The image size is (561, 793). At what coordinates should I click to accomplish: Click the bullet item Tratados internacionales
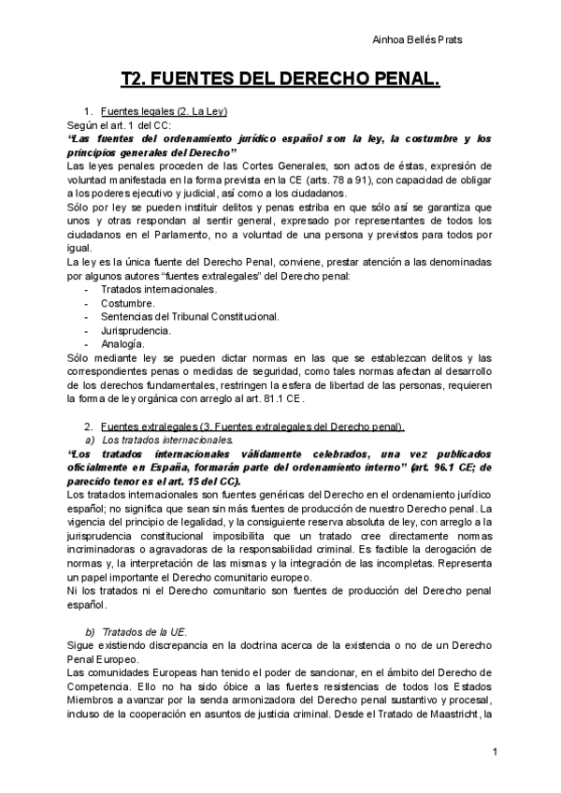pos(158,290)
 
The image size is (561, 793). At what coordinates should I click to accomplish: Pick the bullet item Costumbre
pos(127,304)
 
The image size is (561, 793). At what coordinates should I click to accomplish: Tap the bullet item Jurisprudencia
pos(136,331)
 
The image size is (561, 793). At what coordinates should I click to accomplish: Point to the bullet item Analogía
pos(122,344)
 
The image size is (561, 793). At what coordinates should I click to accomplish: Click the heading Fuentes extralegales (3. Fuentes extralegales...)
pos(252,426)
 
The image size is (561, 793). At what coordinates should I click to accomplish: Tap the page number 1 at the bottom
pos(495,753)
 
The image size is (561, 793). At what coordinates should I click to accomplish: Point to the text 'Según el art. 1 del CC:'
pos(119,124)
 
